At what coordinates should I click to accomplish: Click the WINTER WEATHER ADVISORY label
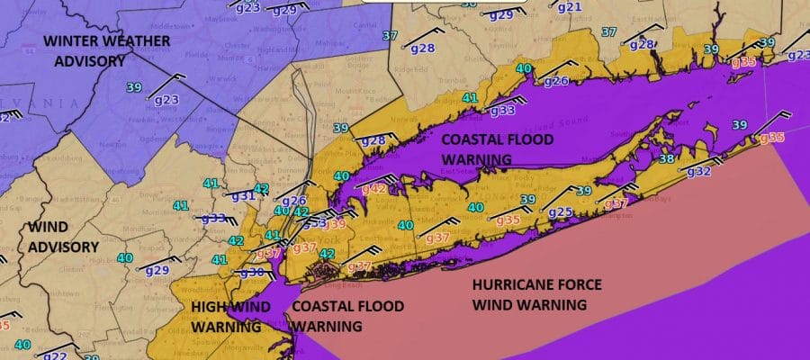[86, 50]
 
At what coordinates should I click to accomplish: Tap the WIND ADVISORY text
[63, 236]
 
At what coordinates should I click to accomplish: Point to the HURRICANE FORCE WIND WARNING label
[537, 294]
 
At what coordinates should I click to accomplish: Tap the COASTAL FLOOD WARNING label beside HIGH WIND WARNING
[332, 316]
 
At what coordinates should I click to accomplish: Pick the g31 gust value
[244, 195]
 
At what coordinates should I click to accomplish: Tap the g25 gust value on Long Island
[560, 212]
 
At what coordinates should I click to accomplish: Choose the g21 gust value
[570, 7]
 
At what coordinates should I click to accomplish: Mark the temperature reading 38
[666, 158]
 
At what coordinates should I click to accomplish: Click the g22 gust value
[56, 355]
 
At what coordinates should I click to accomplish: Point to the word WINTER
[72, 40]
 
